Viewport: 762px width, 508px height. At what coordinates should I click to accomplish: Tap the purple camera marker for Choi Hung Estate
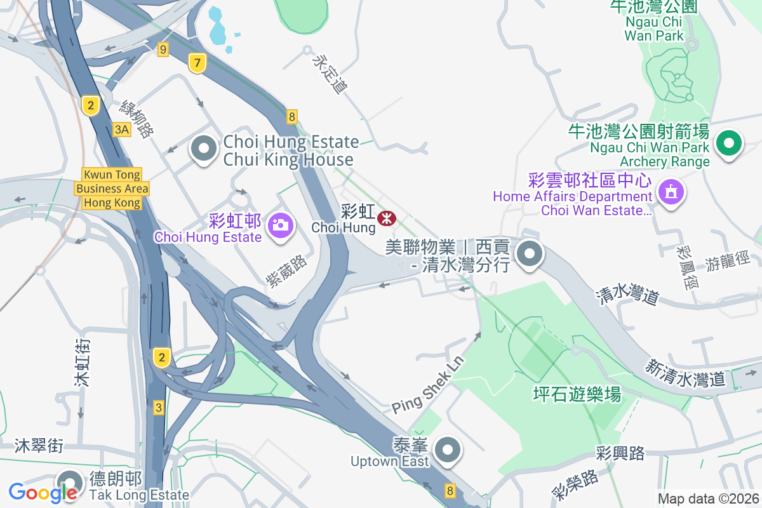(x=280, y=224)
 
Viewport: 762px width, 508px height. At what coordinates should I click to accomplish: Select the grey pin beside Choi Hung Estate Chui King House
(x=204, y=149)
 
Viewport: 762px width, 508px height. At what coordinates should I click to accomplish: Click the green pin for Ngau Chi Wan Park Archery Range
(x=729, y=143)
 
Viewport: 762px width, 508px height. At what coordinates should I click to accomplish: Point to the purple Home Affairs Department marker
(x=671, y=190)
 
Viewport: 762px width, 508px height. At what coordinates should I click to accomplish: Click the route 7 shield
(x=197, y=63)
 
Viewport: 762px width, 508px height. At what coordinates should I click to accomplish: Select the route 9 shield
(x=163, y=49)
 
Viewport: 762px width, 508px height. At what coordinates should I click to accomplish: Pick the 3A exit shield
(x=122, y=130)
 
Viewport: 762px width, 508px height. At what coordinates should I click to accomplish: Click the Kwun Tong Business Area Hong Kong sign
(x=112, y=189)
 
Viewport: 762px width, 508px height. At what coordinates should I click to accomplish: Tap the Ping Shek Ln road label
(x=428, y=384)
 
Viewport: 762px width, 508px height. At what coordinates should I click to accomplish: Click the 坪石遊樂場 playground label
(x=577, y=395)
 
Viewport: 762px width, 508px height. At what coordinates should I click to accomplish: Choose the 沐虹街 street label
(x=82, y=363)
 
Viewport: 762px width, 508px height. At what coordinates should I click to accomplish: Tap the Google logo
(x=43, y=491)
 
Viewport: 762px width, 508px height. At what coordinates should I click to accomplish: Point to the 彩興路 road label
(x=620, y=453)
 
